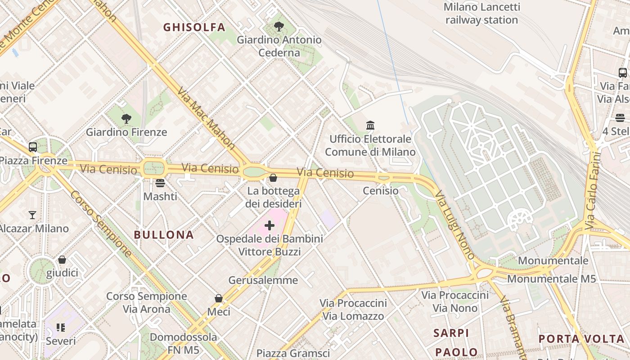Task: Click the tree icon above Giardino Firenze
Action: tap(126, 119)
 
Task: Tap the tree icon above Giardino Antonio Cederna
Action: tap(279, 27)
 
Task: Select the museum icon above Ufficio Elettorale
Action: tap(370, 125)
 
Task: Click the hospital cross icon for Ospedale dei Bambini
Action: tap(270, 225)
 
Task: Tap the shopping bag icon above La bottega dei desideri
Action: tap(273, 178)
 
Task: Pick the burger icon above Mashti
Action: tap(160, 183)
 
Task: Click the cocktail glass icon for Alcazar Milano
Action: tap(32, 215)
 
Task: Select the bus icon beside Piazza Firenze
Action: tap(33, 147)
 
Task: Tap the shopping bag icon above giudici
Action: tap(62, 260)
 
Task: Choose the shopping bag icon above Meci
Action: tap(219, 298)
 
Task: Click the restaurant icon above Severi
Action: tap(61, 328)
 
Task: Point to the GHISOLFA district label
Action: tap(194, 27)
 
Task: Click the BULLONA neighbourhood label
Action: tap(164, 234)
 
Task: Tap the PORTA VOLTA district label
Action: tap(581, 339)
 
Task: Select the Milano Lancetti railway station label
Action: tap(481, 13)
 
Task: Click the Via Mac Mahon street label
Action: tap(206, 118)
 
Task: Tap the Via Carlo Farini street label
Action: tap(593, 191)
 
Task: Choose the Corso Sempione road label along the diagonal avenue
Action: tap(101, 224)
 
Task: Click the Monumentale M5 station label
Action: tap(551, 279)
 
